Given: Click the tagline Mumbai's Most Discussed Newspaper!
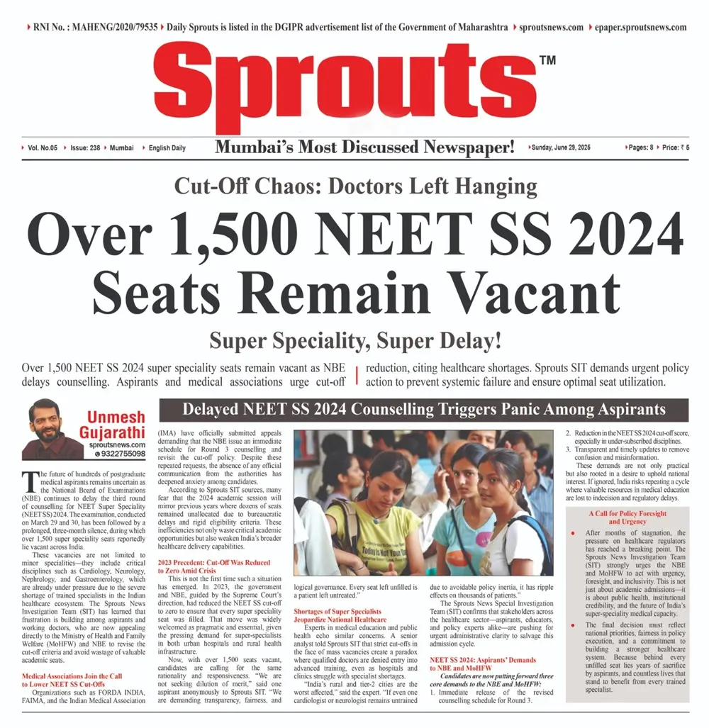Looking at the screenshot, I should click(365, 147).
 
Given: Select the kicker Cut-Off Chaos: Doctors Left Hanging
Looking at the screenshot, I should click(355, 187).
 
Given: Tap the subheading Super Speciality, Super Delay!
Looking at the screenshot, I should click(354, 341).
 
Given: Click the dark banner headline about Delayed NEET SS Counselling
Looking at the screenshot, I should click(424, 410).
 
